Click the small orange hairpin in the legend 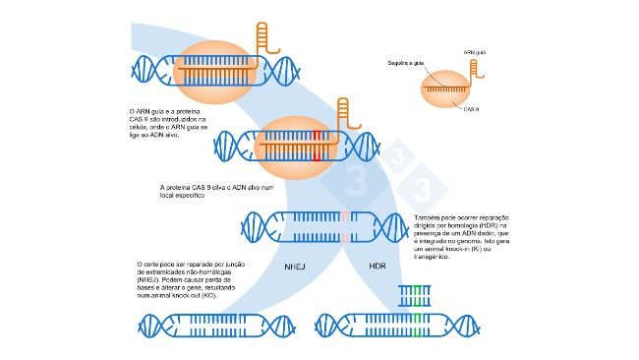(x=478, y=70)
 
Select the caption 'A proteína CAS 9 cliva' (x=198, y=190)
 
